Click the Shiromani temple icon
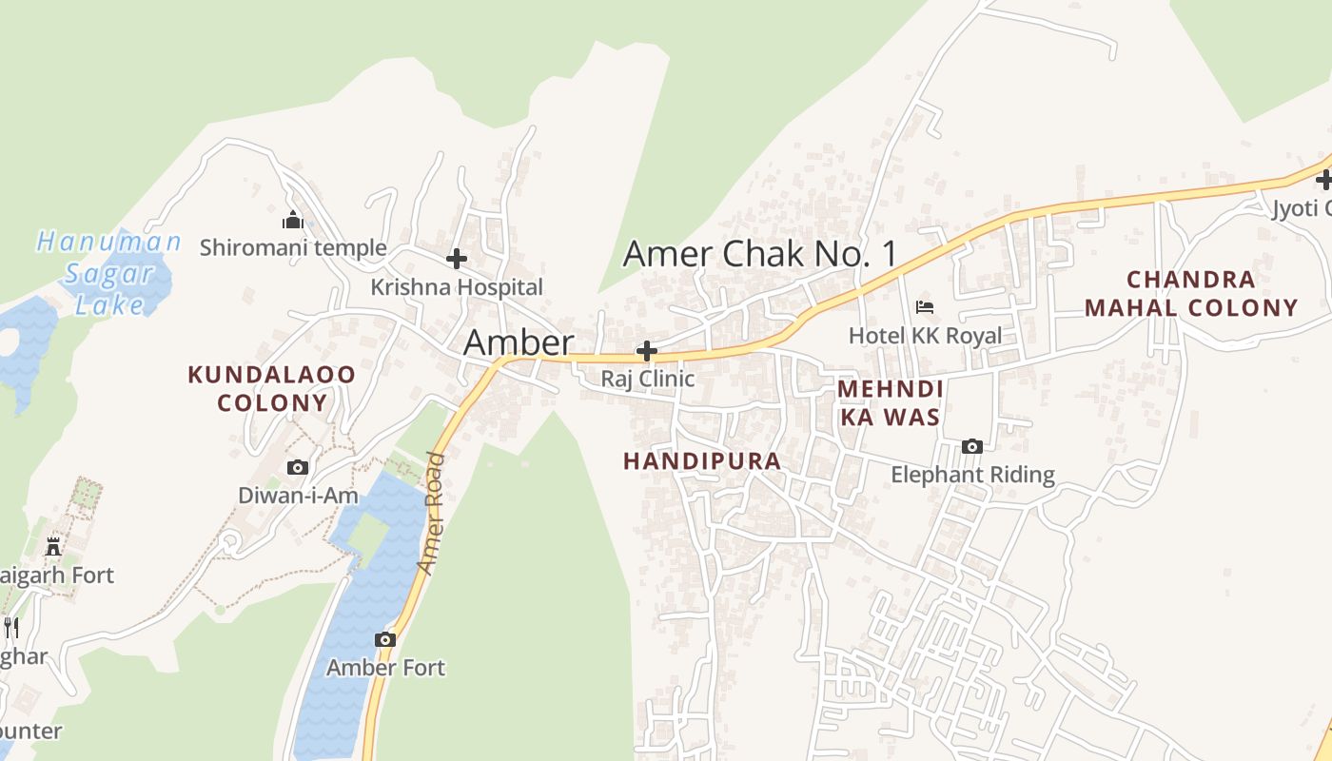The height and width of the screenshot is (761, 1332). [292, 221]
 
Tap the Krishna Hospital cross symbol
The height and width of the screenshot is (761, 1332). [457, 258]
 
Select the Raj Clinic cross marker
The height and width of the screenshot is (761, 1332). [647, 351]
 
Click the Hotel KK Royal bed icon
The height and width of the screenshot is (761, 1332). [925, 306]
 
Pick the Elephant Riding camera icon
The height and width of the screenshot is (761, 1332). [971, 446]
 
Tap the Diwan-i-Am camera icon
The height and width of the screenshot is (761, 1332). [298, 467]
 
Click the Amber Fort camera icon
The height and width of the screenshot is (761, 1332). [385, 639]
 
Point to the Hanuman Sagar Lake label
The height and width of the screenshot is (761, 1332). [108, 273]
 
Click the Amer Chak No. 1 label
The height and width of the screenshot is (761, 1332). [759, 254]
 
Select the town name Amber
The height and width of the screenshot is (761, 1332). [519, 343]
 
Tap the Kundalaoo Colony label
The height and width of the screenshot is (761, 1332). [271, 388]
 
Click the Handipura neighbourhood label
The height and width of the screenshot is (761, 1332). [702, 461]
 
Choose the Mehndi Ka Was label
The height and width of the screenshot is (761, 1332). [891, 402]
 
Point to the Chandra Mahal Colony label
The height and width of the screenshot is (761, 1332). [1191, 293]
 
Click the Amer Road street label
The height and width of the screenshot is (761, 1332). [432, 514]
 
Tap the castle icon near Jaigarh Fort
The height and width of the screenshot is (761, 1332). [53, 547]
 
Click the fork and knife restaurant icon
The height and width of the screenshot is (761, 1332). [10, 627]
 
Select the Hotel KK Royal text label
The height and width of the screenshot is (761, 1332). [925, 336]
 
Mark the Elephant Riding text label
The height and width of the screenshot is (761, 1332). [972, 475]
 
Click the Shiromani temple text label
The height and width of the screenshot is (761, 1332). [293, 248]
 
